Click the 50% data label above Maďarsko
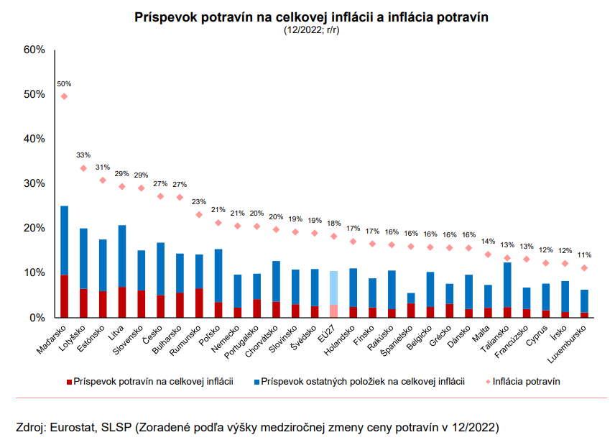point(65,84)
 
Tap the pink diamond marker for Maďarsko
point(65,96)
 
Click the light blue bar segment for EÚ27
point(333,288)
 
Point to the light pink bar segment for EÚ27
point(333,311)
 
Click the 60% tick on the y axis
point(34,50)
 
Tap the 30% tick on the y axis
point(34,183)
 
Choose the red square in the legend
point(69,380)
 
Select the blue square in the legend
point(256,380)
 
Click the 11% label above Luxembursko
point(584,255)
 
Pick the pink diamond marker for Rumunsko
point(199,214)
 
